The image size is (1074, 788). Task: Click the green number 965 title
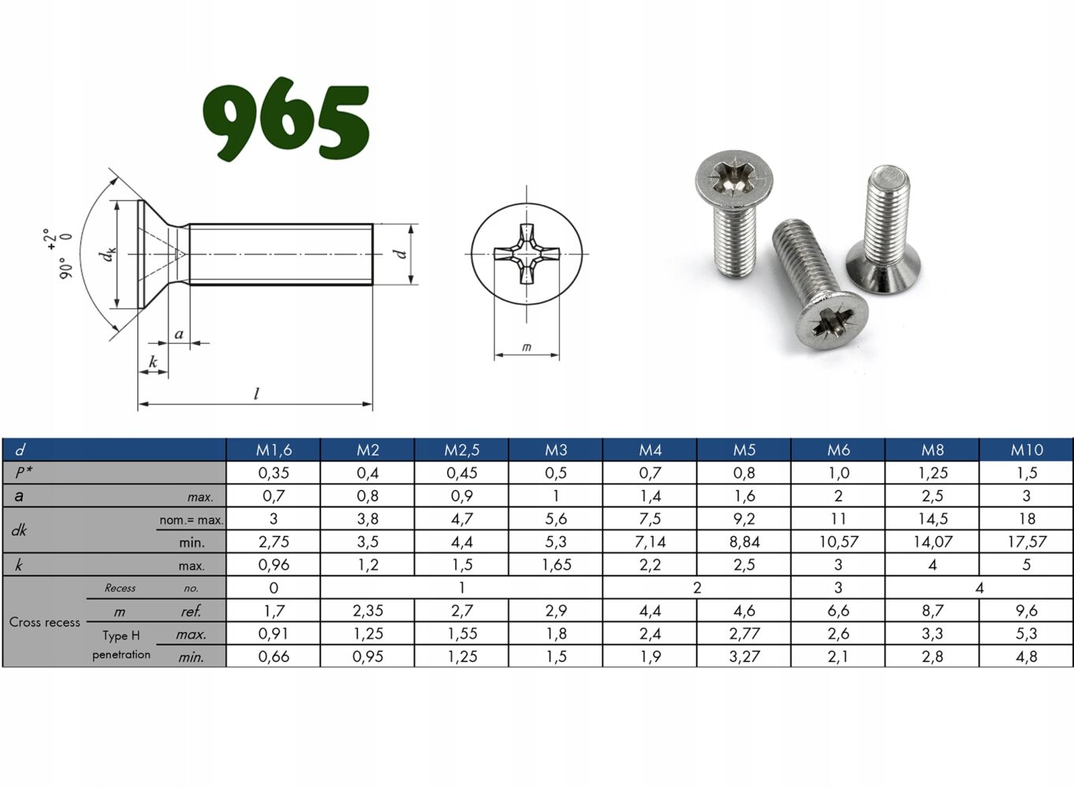[286, 119]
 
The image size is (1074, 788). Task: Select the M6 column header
[838, 450]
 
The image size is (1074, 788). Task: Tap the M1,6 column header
[274, 450]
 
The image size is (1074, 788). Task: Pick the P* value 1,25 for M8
[933, 473]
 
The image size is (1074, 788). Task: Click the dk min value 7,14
[650, 542]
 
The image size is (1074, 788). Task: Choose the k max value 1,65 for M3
[556, 565]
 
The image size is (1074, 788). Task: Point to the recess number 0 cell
[274, 588]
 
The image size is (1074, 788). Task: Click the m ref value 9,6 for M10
[1027, 611]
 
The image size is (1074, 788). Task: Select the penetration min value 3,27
[744, 656]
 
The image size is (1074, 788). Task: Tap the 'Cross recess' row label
[45, 623]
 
